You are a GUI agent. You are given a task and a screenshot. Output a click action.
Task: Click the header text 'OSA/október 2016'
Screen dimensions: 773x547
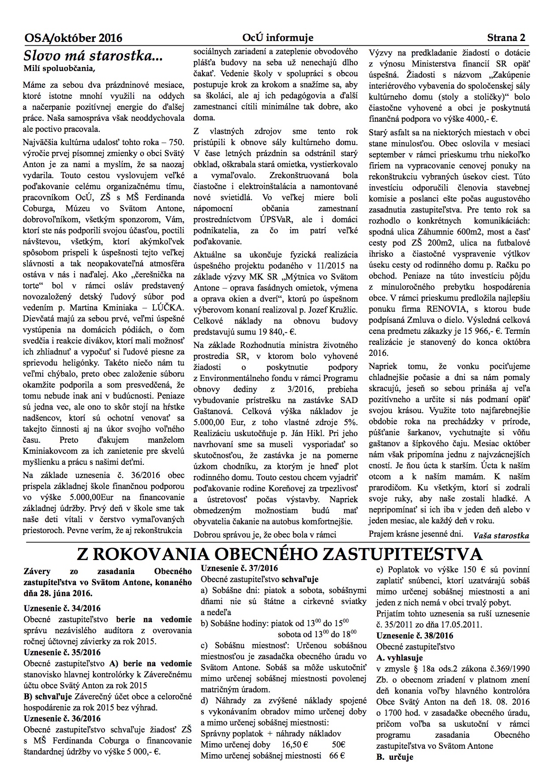click(x=73, y=38)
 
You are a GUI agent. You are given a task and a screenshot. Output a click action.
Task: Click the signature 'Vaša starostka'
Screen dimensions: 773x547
click(x=501, y=536)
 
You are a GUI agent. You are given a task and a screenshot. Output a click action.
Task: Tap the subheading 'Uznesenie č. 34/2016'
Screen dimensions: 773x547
click(x=62, y=608)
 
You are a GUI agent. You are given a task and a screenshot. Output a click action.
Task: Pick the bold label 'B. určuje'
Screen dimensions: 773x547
click(x=394, y=757)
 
